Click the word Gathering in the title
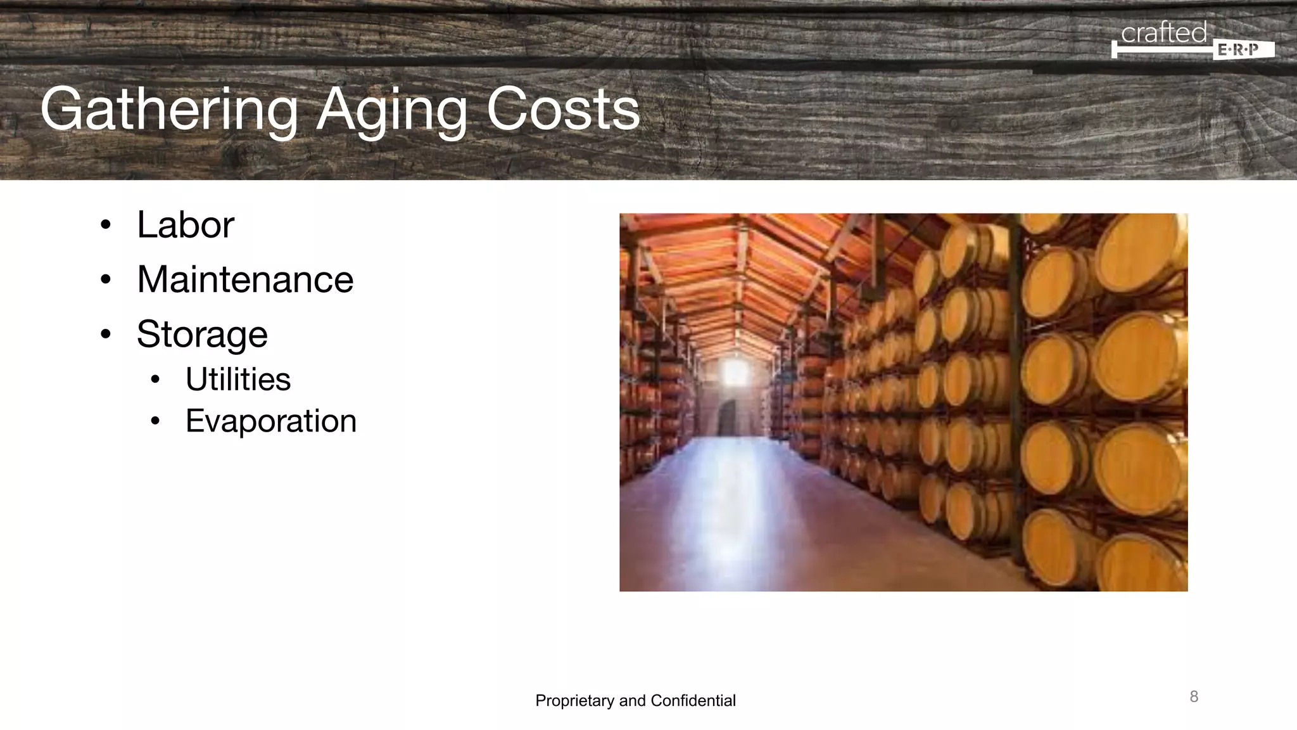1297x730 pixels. (168, 110)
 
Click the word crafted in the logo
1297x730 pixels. (1164, 33)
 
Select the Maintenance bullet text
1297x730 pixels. (245, 279)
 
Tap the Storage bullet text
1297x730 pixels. (202, 334)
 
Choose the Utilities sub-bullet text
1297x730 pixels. (238, 380)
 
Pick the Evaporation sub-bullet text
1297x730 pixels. (271, 421)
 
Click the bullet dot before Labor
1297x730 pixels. (106, 225)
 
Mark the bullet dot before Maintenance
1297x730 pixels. (106, 279)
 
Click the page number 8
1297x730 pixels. (1194, 697)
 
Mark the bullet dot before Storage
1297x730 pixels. (106, 334)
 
